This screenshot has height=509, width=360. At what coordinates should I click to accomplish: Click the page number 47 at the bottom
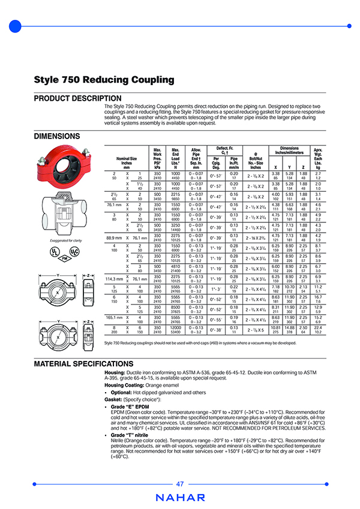click(x=180, y=484)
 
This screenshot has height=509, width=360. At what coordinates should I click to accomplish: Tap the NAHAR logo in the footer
click(x=180, y=497)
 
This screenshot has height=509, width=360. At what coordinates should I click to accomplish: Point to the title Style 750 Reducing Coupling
click(x=104, y=80)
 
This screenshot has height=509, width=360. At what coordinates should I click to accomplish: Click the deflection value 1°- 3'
click(x=214, y=290)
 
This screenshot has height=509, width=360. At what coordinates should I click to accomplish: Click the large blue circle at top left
click(x=16, y=26)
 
